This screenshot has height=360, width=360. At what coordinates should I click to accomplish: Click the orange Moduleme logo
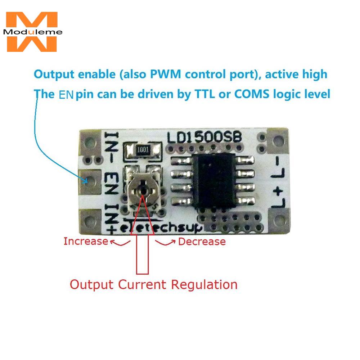click(x=32, y=32)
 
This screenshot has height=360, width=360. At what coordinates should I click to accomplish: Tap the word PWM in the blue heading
click(x=165, y=74)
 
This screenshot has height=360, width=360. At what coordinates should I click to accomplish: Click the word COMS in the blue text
click(x=252, y=94)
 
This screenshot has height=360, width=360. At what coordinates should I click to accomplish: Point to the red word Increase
click(x=86, y=241)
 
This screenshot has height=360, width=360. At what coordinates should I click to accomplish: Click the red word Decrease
click(x=202, y=242)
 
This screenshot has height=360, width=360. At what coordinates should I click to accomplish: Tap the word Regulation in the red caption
click(x=204, y=285)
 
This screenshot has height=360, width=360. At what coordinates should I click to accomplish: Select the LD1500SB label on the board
click(x=204, y=137)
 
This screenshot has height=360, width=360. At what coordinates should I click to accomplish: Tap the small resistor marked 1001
click(x=143, y=150)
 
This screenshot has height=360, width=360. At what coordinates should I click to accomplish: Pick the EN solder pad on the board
click(x=90, y=182)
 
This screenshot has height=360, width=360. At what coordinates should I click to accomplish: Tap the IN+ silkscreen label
click(x=112, y=219)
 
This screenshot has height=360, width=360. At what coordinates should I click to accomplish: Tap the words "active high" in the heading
click(x=296, y=74)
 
